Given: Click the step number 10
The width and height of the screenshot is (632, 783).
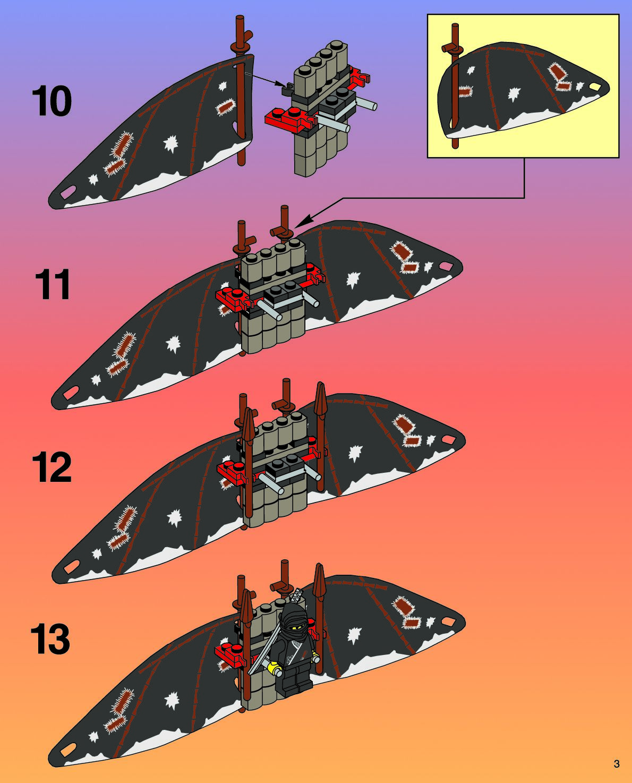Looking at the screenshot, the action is click(52, 101).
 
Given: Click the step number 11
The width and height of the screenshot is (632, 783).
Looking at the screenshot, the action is click(53, 285).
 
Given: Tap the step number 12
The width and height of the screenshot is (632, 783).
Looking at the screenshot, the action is click(52, 467).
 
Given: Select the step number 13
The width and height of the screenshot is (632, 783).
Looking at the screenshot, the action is click(50, 639).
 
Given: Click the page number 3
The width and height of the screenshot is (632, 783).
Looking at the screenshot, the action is click(616, 764).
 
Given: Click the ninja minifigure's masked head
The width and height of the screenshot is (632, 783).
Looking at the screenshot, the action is click(293, 621).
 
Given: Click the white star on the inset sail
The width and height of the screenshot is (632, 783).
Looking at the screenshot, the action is click(514, 95).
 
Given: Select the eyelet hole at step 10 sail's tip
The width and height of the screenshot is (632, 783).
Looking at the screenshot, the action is click(69, 191).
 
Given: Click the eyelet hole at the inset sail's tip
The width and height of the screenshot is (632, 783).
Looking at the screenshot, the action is click(595, 87).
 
